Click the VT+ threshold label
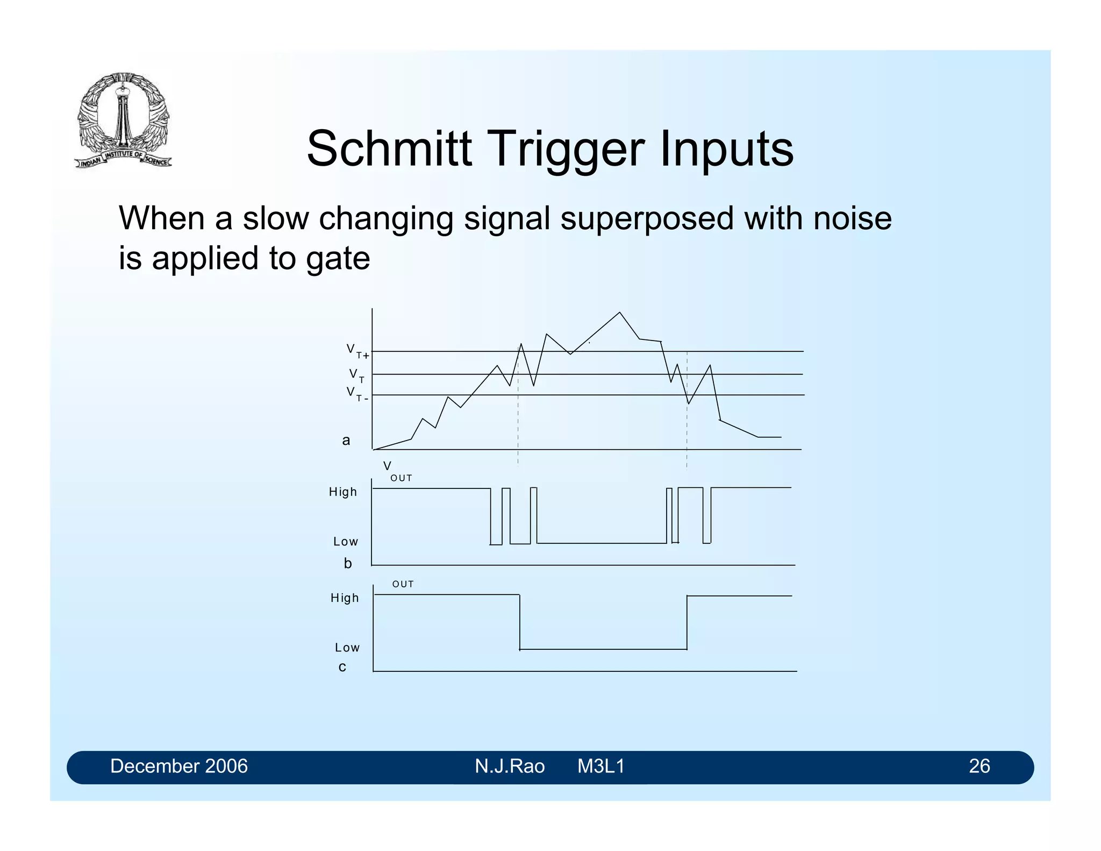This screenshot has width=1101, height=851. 358,351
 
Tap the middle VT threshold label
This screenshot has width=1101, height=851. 356,375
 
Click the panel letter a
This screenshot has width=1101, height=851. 346,441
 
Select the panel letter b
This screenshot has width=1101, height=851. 347,563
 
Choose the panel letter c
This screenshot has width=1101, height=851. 342,667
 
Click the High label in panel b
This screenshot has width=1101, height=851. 342,492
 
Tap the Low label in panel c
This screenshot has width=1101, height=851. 347,648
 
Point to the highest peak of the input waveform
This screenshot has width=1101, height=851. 619,313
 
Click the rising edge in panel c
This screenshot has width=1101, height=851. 687,622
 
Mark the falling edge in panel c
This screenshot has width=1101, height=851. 519,622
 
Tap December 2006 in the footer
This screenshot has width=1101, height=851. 178,766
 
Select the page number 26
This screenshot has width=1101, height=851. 979,766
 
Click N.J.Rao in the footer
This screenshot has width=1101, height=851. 509,766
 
